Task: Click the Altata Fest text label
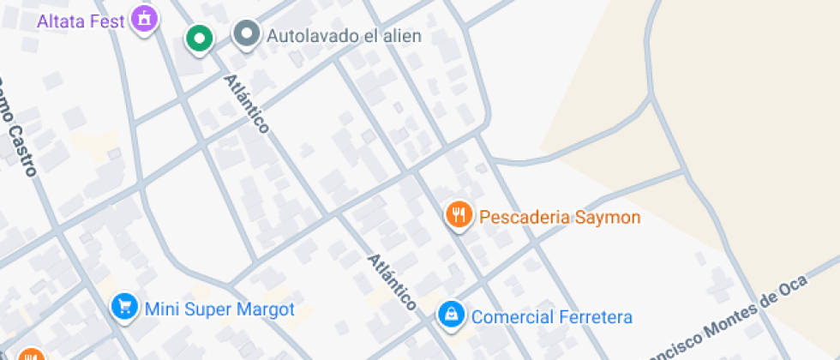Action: pos(81,19)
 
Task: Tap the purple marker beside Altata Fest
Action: pos(145,17)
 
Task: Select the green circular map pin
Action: pos(200,38)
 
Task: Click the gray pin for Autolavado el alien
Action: pos(248,34)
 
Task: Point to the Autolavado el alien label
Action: pos(344,36)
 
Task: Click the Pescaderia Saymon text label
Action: pos(560,217)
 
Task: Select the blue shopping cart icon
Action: pos(125,306)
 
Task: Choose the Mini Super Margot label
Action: pos(220,309)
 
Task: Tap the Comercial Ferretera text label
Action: pos(552,317)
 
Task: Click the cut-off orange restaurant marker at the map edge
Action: pos(30,355)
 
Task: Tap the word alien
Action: pos(402,36)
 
